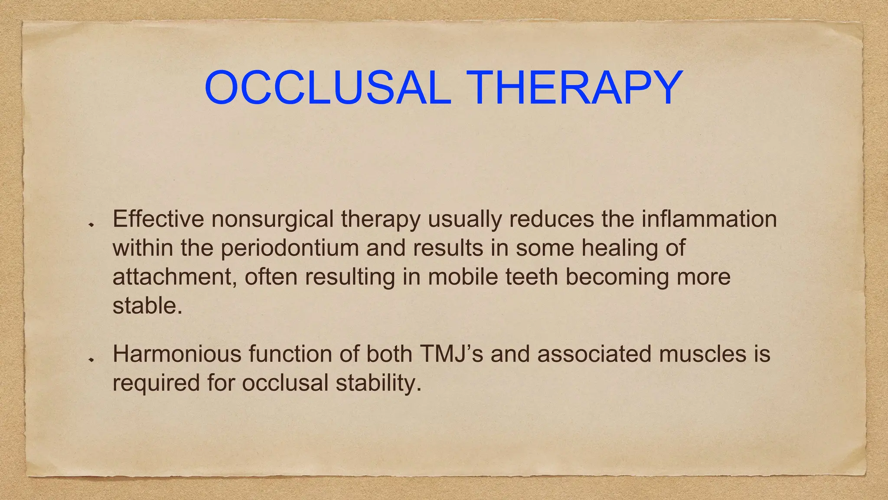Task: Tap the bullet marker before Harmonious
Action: point(91,360)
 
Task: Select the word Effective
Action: point(158,219)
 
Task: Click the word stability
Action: point(378,383)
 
